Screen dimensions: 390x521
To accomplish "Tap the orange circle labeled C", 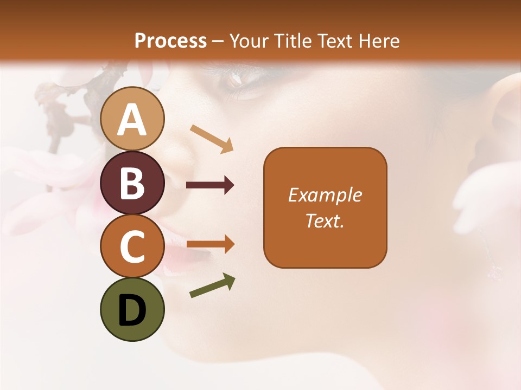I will [x=132, y=246].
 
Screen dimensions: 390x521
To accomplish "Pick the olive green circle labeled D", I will [x=132, y=309].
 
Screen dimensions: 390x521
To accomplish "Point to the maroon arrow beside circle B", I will [x=210, y=185].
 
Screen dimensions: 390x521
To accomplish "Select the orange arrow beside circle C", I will [x=210, y=245].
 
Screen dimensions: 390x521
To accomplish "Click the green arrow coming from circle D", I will [x=212, y=285].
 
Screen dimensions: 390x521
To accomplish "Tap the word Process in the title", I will [x=170, y=41].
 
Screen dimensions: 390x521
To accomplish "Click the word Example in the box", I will [x=325, y=195].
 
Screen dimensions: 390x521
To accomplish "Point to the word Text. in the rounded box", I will [x=325, y=220].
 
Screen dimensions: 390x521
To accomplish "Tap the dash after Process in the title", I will [x=218, y=41].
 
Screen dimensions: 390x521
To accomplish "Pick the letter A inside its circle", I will [x=132, y=120].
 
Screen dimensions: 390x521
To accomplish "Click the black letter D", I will [x=132, y=310].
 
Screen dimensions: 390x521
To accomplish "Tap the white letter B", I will [x=132, y=183].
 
